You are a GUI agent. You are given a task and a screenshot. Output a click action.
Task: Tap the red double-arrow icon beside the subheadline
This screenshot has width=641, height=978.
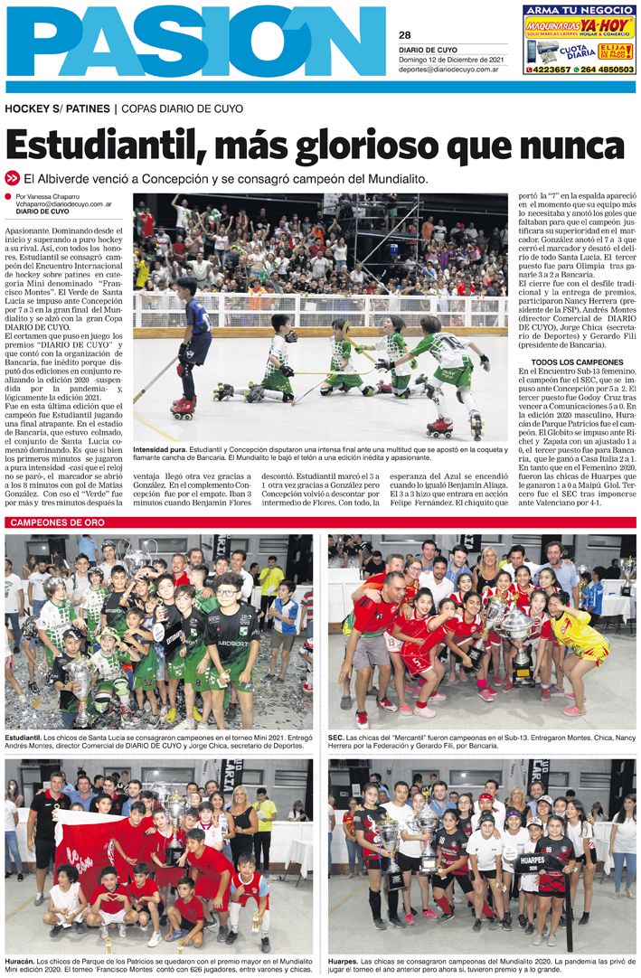click(13, 179)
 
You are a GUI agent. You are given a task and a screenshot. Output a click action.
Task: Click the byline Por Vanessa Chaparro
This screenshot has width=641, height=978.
click(51, 196)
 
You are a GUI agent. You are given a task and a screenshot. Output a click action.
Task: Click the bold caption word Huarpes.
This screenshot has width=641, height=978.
click(343, 959)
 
